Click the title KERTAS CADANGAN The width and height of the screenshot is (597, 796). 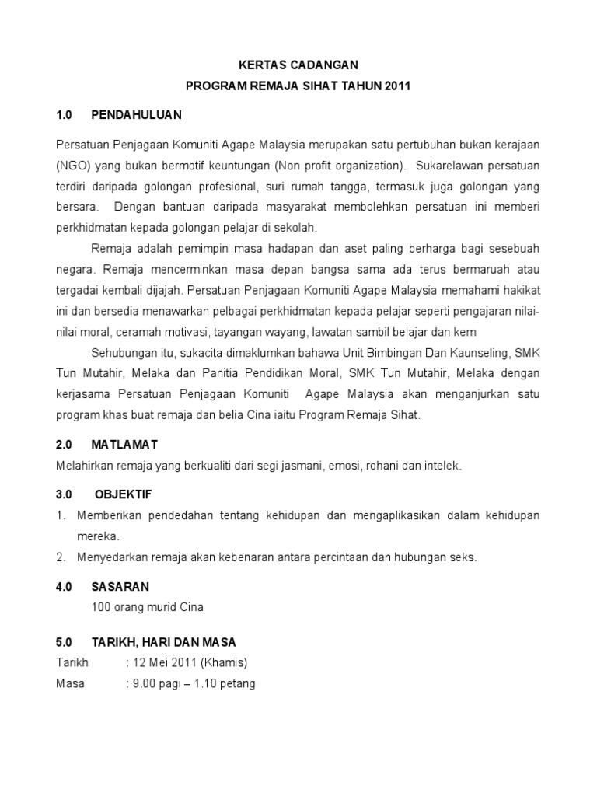298,67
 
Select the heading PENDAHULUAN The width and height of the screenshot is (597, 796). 136,115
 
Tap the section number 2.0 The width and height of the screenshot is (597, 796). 64,444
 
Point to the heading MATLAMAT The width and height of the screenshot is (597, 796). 124,444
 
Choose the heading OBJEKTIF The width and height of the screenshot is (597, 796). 124,494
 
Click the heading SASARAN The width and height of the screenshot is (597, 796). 120,586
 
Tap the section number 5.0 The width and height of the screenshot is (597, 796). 64,642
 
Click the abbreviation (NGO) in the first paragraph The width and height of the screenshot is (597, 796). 74,166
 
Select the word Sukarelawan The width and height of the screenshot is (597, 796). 452,166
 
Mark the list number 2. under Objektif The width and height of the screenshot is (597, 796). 60,557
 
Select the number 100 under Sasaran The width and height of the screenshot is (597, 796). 101,606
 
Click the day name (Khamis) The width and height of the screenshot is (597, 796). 224,662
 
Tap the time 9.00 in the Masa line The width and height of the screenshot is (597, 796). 145,683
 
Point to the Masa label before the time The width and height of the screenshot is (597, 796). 71,683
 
